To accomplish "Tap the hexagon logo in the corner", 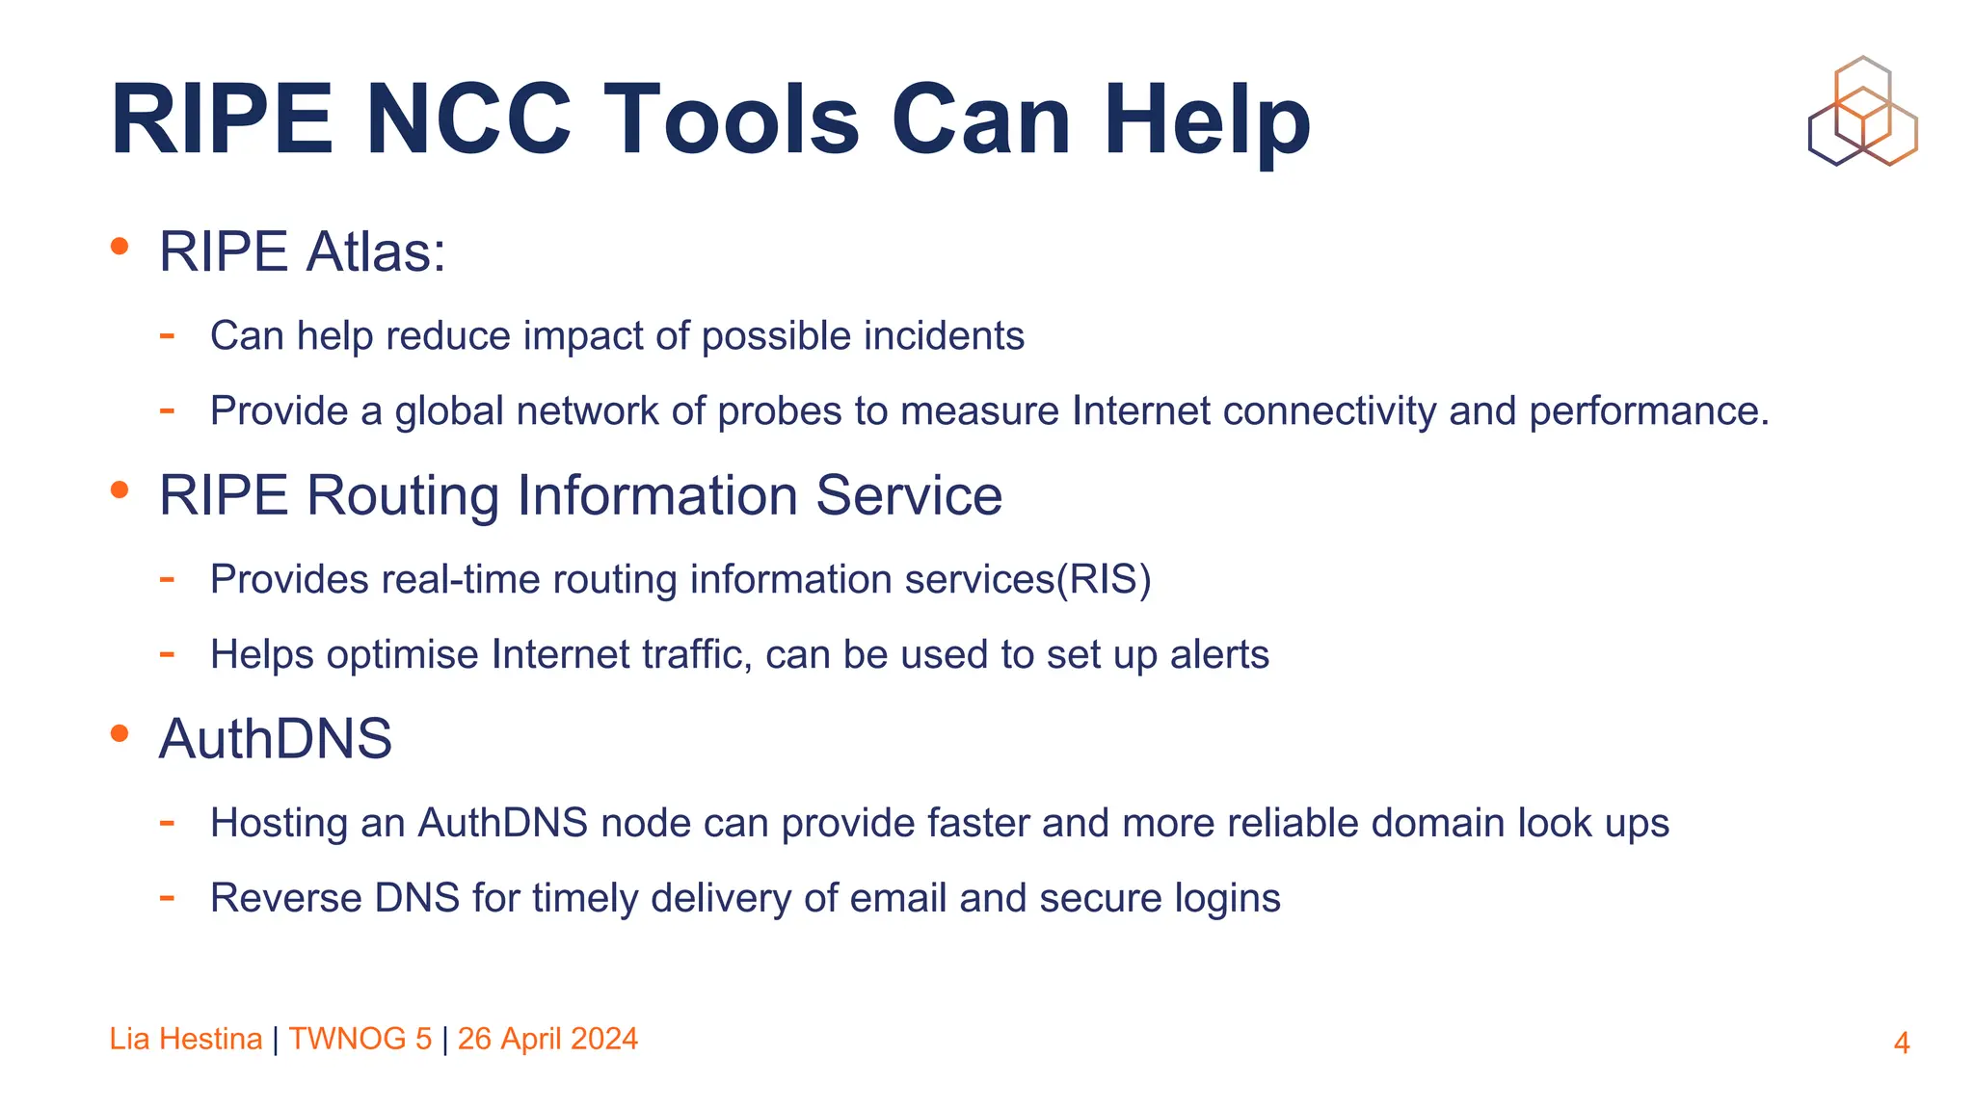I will (1862, 111).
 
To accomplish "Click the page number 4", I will (1901, 1043).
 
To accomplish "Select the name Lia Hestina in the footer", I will (185, 1039).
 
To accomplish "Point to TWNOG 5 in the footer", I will (360, 1039).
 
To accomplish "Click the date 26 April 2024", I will (547, 1039).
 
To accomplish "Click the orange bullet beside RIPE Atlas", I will (120, 247).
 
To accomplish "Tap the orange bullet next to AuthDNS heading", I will (120, 734).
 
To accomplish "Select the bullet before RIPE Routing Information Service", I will (120, 490).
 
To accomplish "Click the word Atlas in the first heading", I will (374, 252).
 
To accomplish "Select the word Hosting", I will (279, 824).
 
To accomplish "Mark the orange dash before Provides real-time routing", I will (167, 580).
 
